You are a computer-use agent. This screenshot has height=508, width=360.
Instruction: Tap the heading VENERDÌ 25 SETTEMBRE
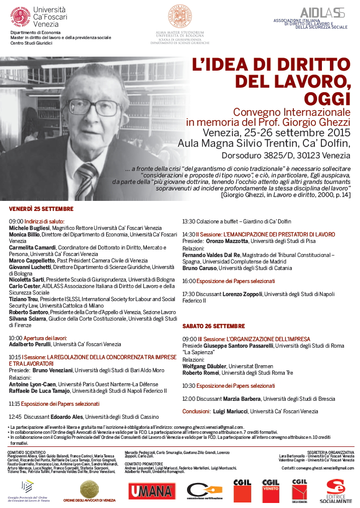tap(41, 208)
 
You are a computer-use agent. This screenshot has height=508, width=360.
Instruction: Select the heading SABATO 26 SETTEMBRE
tap(214, 326)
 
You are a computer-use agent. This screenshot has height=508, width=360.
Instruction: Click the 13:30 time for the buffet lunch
tap(189, 221)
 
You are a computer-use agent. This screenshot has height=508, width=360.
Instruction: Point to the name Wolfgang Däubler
tap(205, 366)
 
